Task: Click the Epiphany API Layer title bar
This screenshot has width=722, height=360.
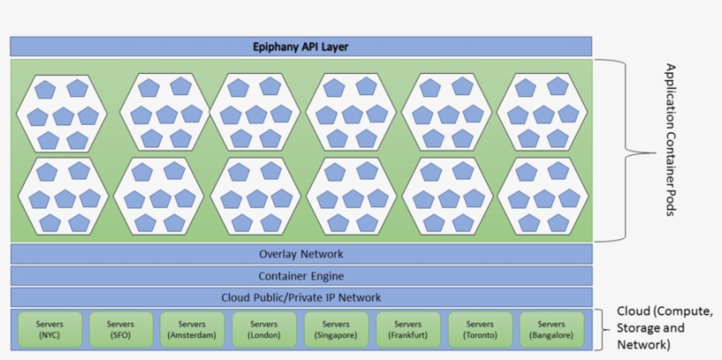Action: tap(300, 46)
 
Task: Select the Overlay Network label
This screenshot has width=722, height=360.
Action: tap(301, 254)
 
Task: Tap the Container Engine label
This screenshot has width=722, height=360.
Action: tap(301, 276)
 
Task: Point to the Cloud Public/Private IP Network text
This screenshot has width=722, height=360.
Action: tap(301, 298)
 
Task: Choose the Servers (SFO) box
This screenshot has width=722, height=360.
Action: tap(120, 329)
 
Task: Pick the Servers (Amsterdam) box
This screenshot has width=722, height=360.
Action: tap(192, 329)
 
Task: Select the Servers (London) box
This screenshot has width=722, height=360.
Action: tap(264, 329)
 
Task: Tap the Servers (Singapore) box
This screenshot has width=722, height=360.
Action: tap(335, 329)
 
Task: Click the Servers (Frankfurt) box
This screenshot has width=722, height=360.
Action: tap(408, 329)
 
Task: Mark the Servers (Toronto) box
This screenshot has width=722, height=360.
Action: tap(480, 329)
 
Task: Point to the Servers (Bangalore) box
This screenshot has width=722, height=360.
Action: tap(551, 329)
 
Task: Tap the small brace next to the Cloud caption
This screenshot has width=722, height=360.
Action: tap(600, 329)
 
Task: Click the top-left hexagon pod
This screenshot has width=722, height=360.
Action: tap(62, 114)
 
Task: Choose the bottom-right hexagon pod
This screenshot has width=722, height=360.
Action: tap(542, 197)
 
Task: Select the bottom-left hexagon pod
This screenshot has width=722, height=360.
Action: tap(62, 197)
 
